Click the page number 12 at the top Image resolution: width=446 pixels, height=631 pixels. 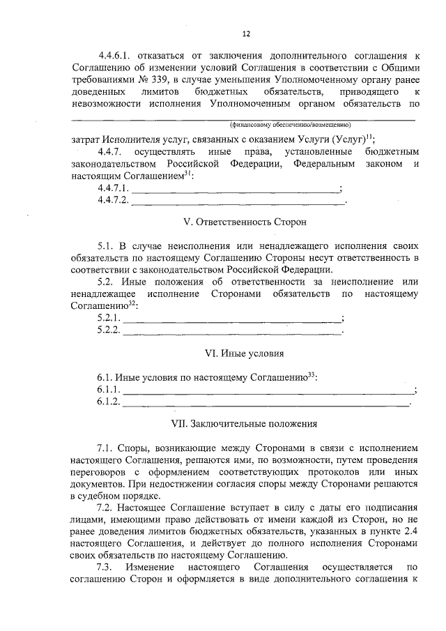(246, 33)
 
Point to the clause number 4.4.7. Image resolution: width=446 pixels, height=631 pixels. (110, 151)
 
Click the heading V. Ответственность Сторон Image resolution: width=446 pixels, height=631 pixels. (245, 222)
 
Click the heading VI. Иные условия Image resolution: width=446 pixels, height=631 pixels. (245, 353)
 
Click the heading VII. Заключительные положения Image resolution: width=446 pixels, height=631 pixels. (245, 423)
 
